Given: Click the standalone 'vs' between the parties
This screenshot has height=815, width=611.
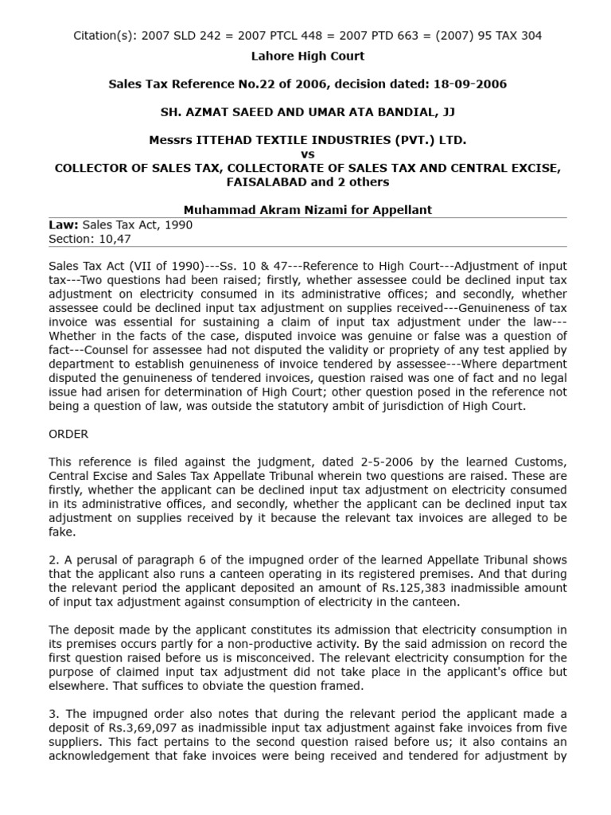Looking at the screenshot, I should tap(308, 154).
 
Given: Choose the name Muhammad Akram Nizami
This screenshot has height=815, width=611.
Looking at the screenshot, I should tap(250, 210).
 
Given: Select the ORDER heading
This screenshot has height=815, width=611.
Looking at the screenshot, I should tap(68, 434).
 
